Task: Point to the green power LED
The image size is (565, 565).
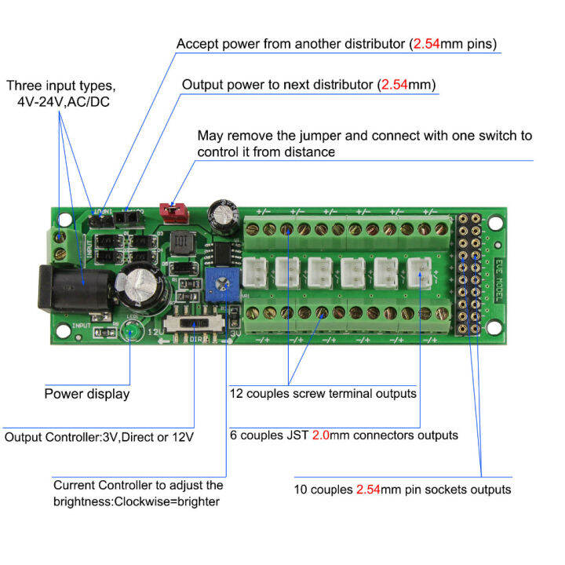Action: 129,333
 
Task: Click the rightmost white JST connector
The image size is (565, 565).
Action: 420,274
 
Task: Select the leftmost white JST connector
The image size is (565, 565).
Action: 253,274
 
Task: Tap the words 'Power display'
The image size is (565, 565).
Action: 86,394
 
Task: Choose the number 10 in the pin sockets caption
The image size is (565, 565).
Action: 302,489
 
